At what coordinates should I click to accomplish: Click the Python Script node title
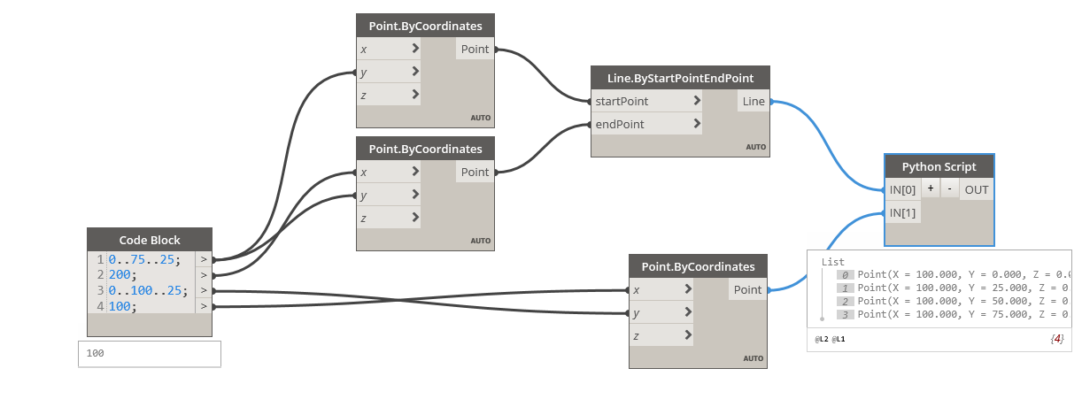[939, 166]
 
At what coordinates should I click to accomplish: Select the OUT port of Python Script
[977, 189]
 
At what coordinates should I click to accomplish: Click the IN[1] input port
[903, 212]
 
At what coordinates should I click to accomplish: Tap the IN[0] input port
[903, 189]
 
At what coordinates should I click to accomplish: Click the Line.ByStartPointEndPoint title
[680, 78]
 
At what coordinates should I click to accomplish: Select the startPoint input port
[622, 102]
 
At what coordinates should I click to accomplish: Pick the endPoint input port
[620, 125]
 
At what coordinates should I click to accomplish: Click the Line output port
[754, 102]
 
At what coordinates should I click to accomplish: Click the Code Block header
[150, 240]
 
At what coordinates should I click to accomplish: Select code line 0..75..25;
[143, 260]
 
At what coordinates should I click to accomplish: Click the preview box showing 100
[149, 354]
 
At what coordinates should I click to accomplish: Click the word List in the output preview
[833, 262]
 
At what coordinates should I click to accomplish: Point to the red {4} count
[1056, 339]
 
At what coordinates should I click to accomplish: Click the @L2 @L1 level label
[831, 339]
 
